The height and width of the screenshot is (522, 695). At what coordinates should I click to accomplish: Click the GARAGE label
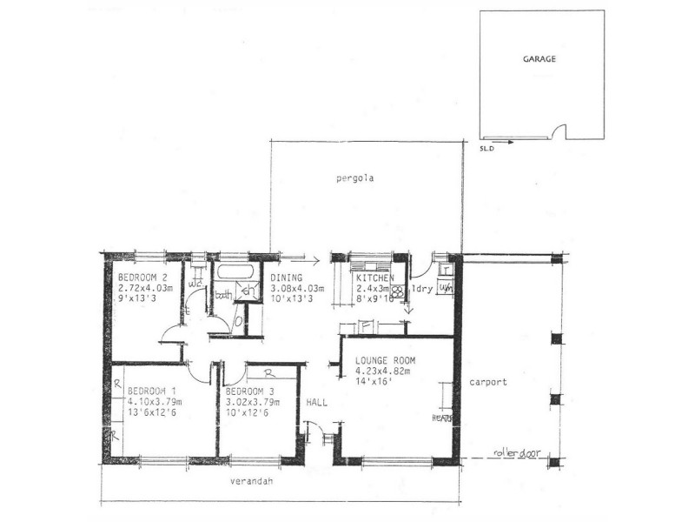[x=539, y=60]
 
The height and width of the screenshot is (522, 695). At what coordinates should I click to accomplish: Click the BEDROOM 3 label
[x=253, y=391]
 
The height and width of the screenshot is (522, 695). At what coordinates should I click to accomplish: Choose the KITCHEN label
[x=374, y=278]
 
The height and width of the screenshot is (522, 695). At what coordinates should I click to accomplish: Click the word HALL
[x=315, y=403]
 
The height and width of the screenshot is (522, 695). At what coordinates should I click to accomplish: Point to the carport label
[x=487, y=382]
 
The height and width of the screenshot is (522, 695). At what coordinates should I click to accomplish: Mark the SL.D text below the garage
[x=486, y=149]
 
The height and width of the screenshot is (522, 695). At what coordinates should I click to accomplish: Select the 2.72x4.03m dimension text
[x=146, y=287]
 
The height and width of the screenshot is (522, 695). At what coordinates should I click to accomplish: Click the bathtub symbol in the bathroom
[x=231, y=271]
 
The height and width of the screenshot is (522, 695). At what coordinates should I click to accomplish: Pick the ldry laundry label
[x=422, y=287]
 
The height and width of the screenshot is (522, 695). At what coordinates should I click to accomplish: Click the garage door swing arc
[x=561, y=131]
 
